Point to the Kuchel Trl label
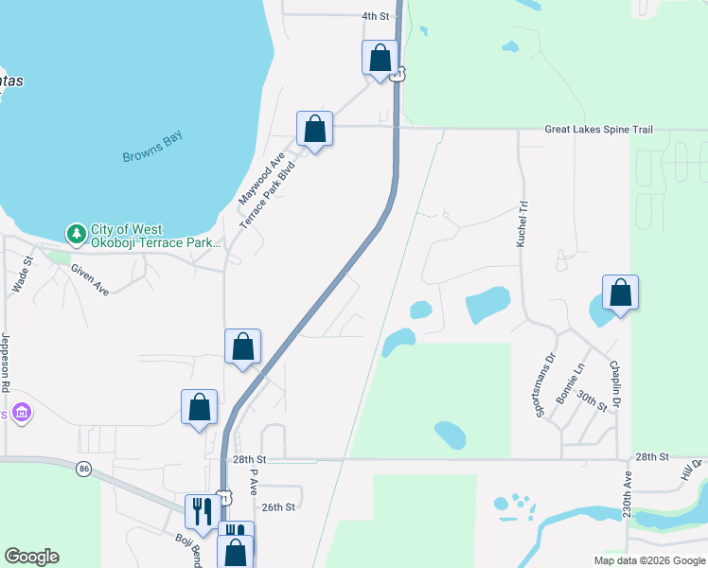(522, 224)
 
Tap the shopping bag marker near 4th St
(380, 57)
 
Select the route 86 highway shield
(84, 469)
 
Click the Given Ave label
(90, 279)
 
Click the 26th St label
(279, 507)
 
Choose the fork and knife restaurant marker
(202, 511)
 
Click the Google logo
(31, 557)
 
